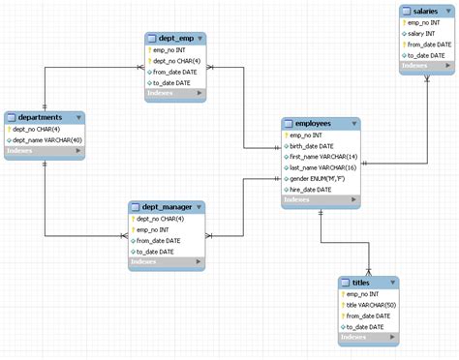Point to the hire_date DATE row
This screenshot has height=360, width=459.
[x=312, y=190]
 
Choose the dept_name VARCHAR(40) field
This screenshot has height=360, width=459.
[x=46, y=140]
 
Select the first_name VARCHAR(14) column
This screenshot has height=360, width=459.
[x=323, y=157]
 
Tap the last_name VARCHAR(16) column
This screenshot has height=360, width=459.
[x=323, y=167]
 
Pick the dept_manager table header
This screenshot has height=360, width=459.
[x=161, y=207]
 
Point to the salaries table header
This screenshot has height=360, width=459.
[x=423, y=10]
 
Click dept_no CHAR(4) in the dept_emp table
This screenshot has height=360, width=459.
[x=177, y=60]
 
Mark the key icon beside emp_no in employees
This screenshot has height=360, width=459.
[x=286, y=135]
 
